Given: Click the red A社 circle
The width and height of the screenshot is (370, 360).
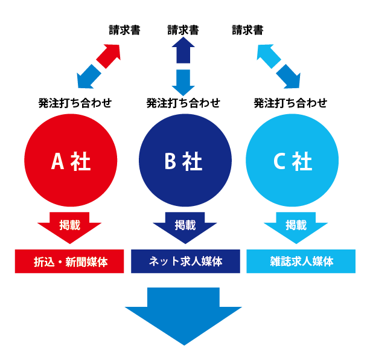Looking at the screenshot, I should pos(71,160).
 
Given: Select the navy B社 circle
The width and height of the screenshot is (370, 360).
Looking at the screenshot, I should pos(185,160).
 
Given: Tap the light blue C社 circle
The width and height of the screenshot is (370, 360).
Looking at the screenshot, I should pos(292,160).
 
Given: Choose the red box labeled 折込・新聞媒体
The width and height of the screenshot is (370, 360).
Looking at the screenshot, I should pos(69,262).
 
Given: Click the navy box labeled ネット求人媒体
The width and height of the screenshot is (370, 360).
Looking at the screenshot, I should pos(185,262).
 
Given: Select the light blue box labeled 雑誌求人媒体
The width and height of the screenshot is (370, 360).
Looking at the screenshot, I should pos(301,262).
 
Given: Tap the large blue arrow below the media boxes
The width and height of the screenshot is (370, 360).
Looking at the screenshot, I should pos(183,314).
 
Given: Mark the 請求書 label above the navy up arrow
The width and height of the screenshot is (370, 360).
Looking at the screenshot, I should pos(183,30).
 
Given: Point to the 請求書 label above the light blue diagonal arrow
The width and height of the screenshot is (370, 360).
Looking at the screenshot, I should pos(247,30).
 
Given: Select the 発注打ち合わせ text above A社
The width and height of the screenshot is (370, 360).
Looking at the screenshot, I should pos(75,103).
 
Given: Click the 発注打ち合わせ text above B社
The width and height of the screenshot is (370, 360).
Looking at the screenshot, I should pos(183,103).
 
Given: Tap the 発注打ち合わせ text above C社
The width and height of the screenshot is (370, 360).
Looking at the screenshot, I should pos(290,103).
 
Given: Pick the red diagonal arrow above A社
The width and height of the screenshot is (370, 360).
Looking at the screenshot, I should pos(109,56).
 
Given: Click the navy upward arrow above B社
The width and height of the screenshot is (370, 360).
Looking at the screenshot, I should pos(183,50).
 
